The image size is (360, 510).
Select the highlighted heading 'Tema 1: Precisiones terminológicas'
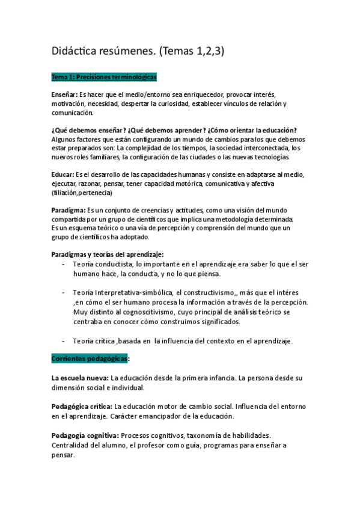click(104, 78)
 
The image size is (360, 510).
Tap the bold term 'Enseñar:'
click(64, 95)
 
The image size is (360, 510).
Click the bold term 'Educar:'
click(63, 174)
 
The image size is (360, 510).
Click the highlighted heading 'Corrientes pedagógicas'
click(90, 358)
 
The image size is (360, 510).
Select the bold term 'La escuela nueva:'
click(79, 378)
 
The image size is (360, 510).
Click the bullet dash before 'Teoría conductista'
click(64, 264)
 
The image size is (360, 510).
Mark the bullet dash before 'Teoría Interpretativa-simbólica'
click(64, 292)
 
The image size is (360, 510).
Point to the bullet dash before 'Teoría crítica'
click(64, 341)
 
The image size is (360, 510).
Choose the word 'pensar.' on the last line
click(63, 455)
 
